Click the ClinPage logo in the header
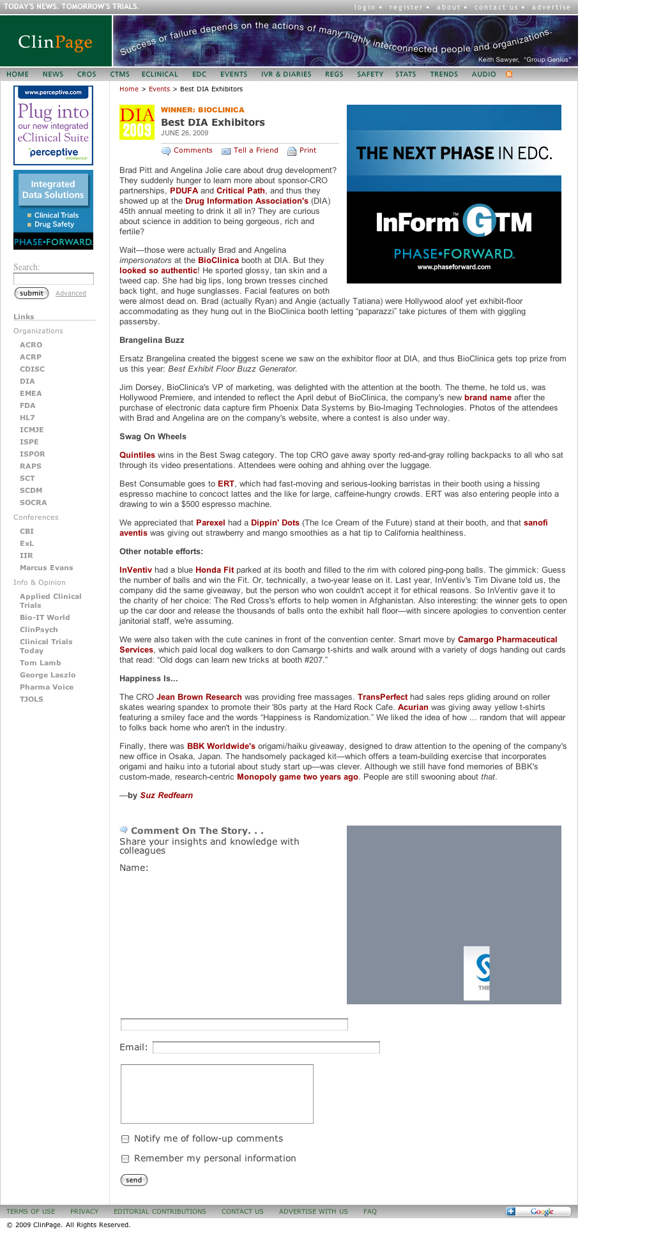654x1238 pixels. pos(56,42)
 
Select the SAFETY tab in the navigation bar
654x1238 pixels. pos(370,75)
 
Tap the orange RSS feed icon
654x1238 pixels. pos(509,75)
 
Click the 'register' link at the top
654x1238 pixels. pos(406,8)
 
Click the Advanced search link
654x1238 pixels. pos(71,294)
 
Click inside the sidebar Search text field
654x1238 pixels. pos(54,279)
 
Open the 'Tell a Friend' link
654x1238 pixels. pos(255,151)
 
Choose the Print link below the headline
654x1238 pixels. pos(307,151)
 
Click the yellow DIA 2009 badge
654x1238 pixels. pos(137,123)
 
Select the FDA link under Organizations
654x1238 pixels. pos(27,405)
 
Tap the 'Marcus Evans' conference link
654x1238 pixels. pos(46,568)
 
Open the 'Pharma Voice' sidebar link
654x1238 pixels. pos(47,687)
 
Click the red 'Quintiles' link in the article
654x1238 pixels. pos(137,455)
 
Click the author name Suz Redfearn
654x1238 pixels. pos(166,796)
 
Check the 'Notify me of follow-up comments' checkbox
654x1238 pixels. pos(125,1139)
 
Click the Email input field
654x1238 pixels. pos(266,1048)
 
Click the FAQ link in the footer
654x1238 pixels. pos(370,1211)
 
